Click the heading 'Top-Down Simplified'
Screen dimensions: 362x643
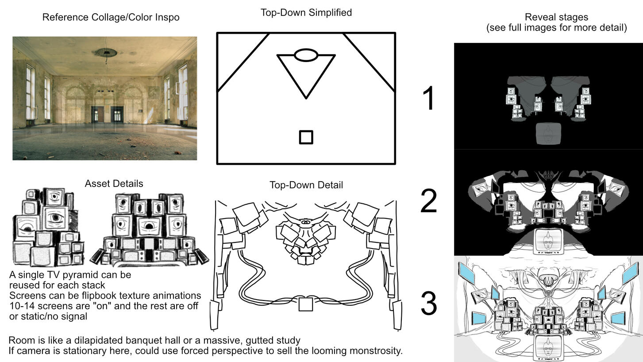[306, 12]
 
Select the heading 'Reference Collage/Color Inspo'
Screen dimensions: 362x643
[111, 17]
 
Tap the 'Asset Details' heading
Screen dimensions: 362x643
[114, 183]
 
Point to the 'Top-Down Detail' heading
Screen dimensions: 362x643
[306, 185]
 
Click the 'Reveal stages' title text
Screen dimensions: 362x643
[556, 17]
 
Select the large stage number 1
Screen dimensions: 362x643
[428, 98]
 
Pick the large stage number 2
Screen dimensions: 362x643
[428, 201]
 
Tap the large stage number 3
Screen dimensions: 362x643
[428, 304]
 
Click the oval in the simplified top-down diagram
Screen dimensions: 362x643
[306, 55]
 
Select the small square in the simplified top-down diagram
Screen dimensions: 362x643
[306, 137]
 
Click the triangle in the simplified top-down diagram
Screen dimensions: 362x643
[306, 73]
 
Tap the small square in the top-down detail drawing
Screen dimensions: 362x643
[306, 304]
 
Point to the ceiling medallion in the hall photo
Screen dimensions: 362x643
[106, 53]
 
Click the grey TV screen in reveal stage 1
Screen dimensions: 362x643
[548, 134]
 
